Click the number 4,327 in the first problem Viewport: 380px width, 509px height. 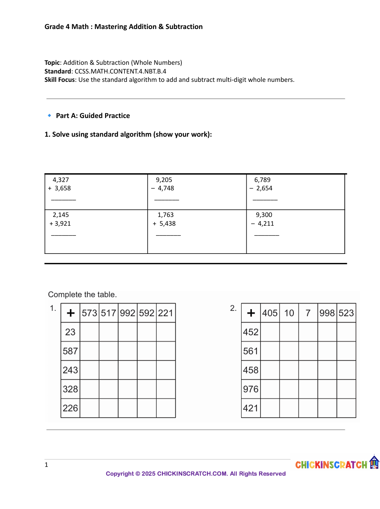(x=61, y=180)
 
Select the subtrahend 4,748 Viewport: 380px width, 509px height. (x=166, y=188)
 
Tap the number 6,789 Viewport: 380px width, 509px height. (x=262, y=180)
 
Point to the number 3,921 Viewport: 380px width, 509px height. (x=63, y=224)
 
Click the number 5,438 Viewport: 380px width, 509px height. (x=168, y=224)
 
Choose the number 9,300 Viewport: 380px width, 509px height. (x=264, y=215)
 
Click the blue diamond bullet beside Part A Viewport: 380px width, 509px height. (x=49, y=116)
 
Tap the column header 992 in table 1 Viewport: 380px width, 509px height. (x=128, y=313)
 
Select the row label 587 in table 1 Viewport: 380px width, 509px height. (x=70, y=351)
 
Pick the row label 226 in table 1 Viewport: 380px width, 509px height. (x=70, y=408)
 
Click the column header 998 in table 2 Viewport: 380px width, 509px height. (x=327, y=313)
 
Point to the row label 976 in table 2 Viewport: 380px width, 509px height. (x=251, y=389)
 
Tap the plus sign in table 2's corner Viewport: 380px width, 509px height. (x=251, y=313)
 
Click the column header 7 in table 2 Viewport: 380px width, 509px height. (x=308, y=313)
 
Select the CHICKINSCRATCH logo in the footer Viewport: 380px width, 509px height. (x=337, y=464)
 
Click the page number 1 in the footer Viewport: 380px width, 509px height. (x=46, y=465)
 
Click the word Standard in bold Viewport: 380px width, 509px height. (x=58, y=72)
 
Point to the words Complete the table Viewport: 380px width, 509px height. (x=82, y=294)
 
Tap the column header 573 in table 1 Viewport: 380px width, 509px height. (x=90, y=313)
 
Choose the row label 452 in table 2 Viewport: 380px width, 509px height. (x=251, y=332)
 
